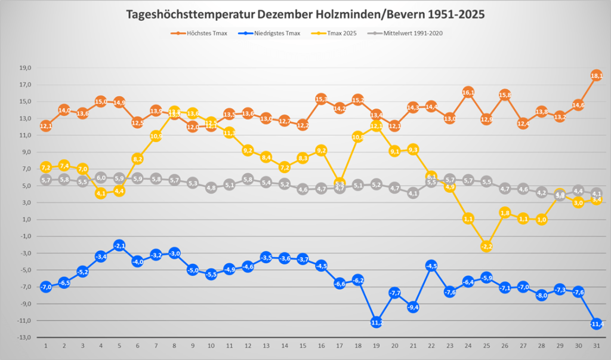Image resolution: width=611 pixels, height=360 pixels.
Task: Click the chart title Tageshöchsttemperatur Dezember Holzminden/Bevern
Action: point(305,14)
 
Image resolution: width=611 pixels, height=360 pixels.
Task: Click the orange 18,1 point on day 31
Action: point(596,76)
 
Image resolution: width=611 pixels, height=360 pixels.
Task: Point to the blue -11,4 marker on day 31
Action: point(596,324)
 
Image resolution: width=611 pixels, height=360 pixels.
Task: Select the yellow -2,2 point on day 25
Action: point(486,246)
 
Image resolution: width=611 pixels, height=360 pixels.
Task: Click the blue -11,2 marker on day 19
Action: point(376,322)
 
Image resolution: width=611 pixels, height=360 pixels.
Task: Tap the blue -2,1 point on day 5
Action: point(119,245)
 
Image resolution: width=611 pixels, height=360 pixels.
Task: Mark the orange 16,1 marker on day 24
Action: point(468,93)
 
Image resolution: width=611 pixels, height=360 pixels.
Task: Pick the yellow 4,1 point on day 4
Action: point(101,193)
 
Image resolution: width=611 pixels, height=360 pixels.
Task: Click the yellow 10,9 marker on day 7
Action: point(156,136)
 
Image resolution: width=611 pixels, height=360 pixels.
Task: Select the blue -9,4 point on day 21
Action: point(413,307)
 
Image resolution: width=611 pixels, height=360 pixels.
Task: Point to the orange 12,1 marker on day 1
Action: point(46,126)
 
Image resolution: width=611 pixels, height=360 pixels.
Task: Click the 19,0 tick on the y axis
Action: point(24,67)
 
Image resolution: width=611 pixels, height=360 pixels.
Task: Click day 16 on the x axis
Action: point(321,346)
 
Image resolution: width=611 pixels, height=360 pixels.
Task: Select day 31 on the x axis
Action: point(596,346)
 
